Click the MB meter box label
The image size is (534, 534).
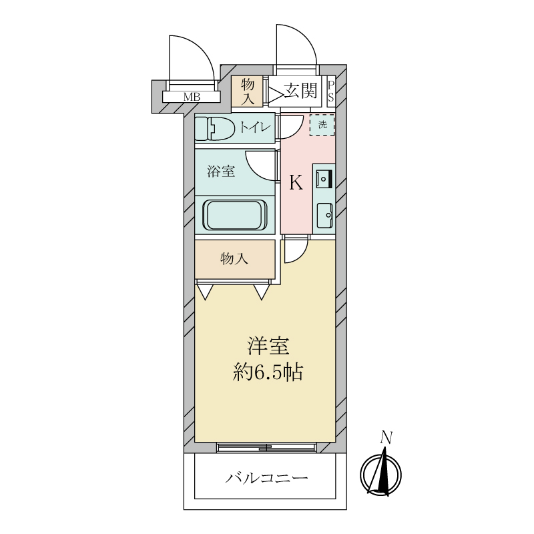[192, 97]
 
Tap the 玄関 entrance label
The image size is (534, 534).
[301, 91]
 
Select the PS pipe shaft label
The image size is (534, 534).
[330, 91]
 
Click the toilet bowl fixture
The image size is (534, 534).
[215, 128]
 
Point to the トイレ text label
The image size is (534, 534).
[256, 127]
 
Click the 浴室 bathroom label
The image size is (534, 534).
[222, 171]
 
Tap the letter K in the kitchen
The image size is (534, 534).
[296, 182]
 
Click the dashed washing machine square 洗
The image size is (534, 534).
[322, 125]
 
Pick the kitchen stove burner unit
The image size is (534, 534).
[324, 178]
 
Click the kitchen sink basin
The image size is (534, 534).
[324, 216]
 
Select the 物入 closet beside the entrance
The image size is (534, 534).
[247, 91]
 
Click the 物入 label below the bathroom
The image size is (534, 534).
[234, 259]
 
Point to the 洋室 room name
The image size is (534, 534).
[268, 346]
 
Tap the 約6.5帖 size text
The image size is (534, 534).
[268, 372]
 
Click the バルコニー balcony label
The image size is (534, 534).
[266, 478]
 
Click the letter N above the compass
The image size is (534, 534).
[386, 438]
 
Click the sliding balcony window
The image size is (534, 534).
[266, 447]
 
